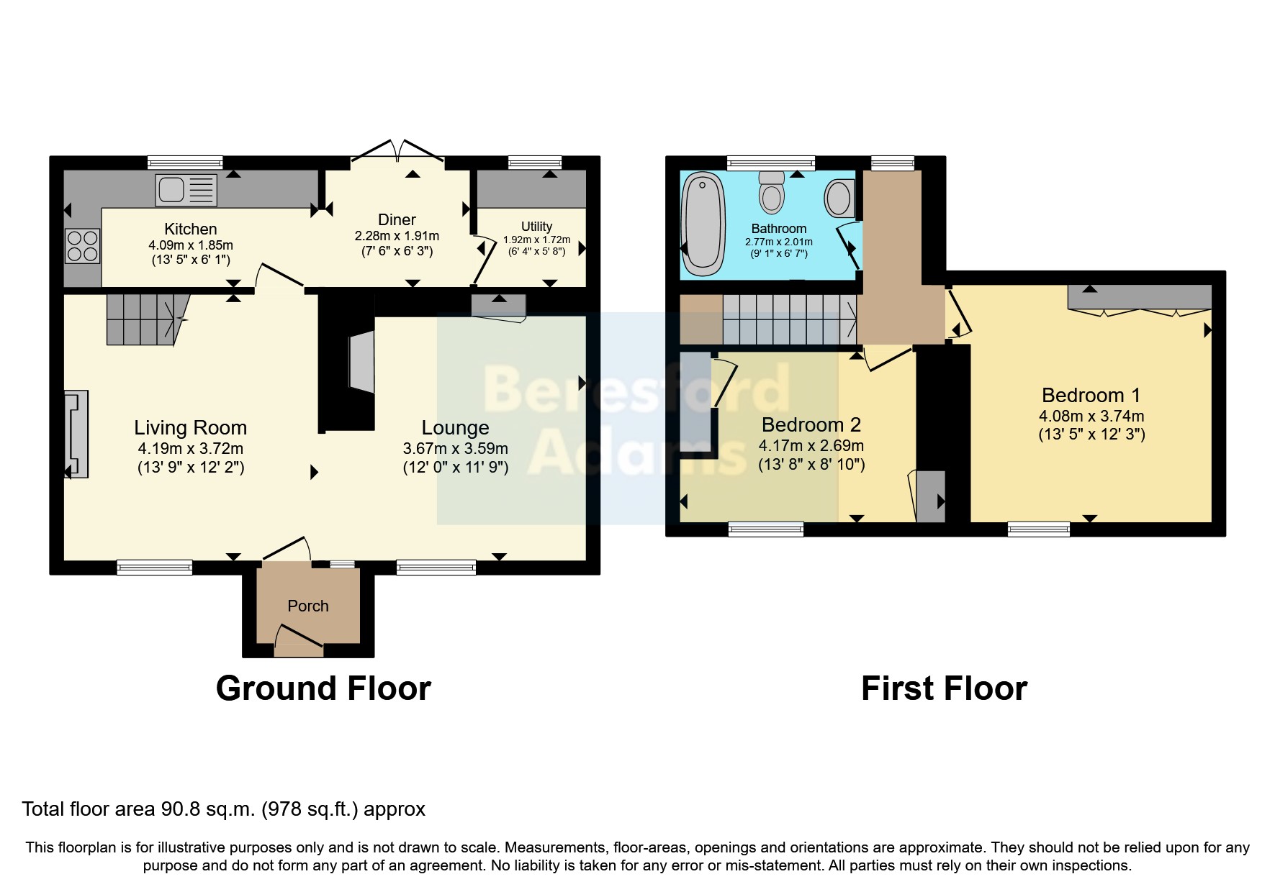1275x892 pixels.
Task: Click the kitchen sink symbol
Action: pos(186,191)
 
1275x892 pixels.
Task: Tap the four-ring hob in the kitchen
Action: pos(82,245)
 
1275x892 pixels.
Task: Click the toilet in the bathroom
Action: pos(772,192)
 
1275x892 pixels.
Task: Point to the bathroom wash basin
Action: pos(839,198)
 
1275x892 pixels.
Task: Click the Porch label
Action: pos(308,606)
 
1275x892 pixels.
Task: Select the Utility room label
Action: pos(536,226)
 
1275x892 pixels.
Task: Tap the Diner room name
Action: pos(397,219)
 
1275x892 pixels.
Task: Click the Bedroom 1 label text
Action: pos(1091,395)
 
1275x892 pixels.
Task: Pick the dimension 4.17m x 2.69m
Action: pos(811,445)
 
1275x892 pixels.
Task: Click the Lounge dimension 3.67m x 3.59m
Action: pos(455,448)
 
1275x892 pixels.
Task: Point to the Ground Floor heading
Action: pos(323,688)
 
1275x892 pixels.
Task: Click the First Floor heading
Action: pos(943,688)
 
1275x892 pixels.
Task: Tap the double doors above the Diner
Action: pos(397,150)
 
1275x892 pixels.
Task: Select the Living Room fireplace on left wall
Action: pos(77,434)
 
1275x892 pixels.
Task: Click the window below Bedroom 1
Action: pos(1038,529)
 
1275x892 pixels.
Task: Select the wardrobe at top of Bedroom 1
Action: pos(1139,297)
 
